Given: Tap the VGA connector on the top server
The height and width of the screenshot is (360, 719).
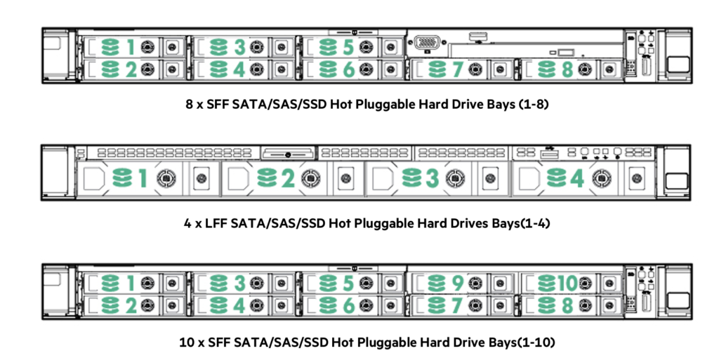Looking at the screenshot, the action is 427,43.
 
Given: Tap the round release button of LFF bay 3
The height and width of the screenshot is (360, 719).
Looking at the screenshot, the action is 455,178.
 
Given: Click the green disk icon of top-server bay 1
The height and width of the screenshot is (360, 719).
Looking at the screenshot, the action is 110,47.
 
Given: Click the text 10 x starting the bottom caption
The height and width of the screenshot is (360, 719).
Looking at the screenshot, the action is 192,342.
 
